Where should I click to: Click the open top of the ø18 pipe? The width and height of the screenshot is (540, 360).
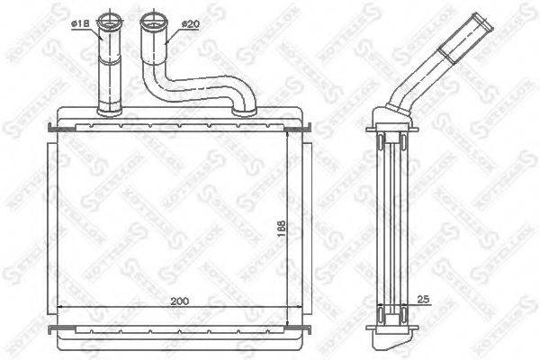pos(109,19)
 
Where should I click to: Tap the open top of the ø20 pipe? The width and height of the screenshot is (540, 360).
pos(152,19)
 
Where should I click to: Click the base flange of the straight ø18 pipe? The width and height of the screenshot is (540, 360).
pos(108,111)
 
